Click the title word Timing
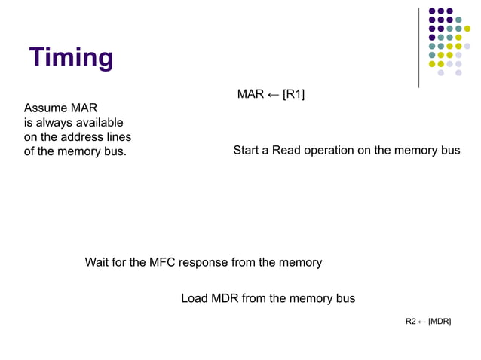(72, 57)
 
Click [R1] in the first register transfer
(293, 94)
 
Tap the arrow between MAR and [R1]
(273, 94)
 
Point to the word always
(53, 122)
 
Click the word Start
(247, 150)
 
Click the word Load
(195, 298)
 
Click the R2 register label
(411, 322)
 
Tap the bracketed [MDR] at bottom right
(440, 322)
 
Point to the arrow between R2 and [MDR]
(422, 322)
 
